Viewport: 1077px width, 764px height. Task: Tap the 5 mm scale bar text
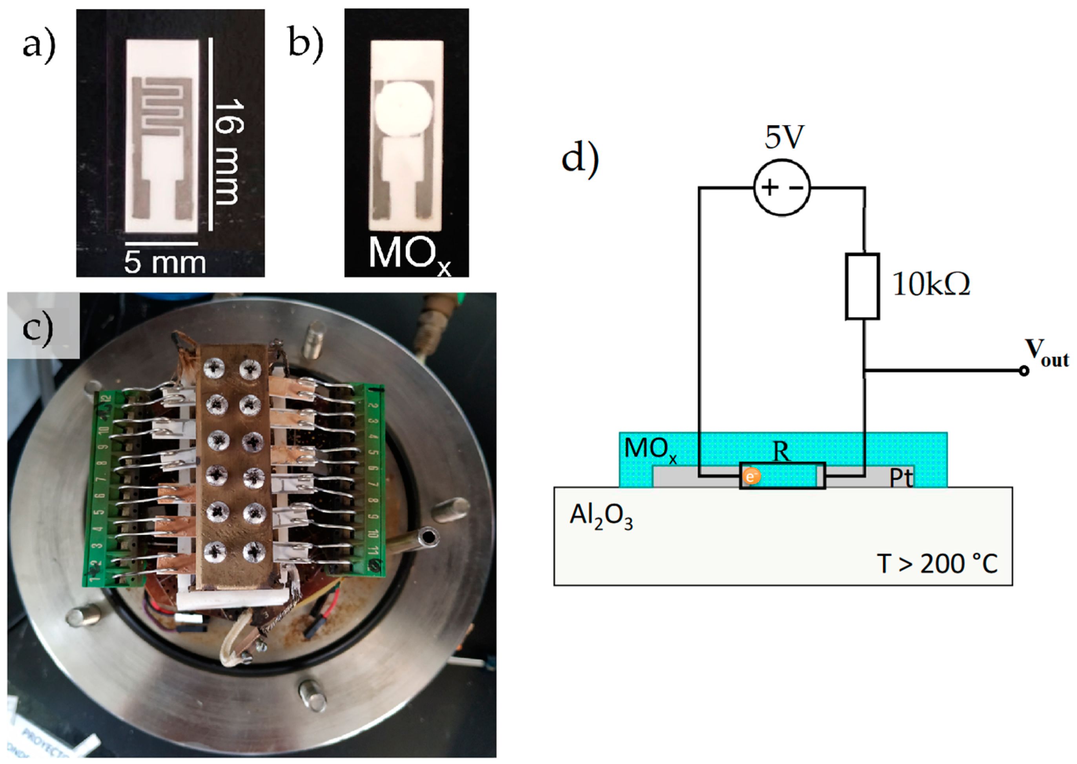pos(165,262)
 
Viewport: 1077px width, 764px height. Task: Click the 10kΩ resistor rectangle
pos(862,286)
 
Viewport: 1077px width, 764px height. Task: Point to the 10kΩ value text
pos(931,285)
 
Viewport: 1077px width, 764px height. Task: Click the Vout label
pos(1046,353)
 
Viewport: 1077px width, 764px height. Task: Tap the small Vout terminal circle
pos(1023,371)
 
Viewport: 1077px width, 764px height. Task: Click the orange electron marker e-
pos(751,477)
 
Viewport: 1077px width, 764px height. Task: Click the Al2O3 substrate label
pos(601,516)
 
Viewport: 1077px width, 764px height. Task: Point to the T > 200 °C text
pos(937,564)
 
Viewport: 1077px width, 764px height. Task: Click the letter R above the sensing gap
pos(782,452)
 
